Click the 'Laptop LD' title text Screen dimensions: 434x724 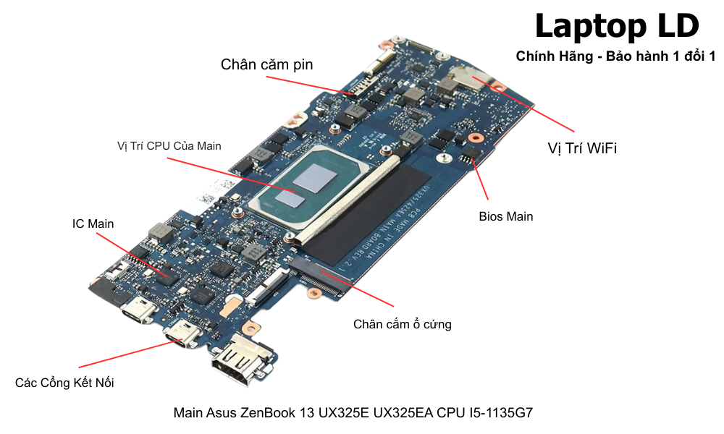coord(617,27)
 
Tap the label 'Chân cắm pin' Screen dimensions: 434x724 coord(266,64)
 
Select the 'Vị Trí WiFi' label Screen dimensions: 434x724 coord(581,148)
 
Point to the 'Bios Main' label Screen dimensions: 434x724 coord(506,216)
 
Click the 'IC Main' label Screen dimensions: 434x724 coord(93,224)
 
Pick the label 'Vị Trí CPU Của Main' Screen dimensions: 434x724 coord(169,145)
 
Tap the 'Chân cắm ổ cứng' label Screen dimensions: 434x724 coord(402,324)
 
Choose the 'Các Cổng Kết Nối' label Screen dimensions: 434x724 coord(64,383)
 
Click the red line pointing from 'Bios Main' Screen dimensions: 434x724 coord(481,178)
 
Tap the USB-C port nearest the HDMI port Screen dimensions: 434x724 coord(181,336)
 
